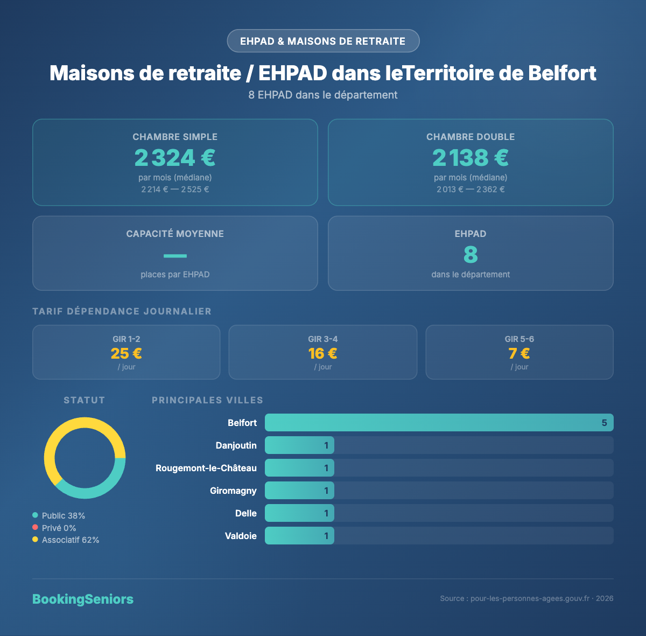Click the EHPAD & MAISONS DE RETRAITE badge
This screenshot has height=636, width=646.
click(x=323, y=41)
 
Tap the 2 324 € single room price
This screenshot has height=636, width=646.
click(x=175, y=158)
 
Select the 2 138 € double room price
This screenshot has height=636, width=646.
click(x=471, y=158)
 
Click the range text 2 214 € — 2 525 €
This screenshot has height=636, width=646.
click(x=175, y=190)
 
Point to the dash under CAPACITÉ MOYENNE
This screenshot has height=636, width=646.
click(x=175, y=256)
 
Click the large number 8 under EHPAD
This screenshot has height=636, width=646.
click(x=471, y=255)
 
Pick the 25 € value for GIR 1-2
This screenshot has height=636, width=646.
click(x=126, y=353)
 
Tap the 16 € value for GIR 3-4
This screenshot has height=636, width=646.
click(x=322, y=353)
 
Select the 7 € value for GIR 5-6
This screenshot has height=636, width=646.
click(x=519, y=353)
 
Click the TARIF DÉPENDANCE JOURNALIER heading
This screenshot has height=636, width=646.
click(x=122, y=311)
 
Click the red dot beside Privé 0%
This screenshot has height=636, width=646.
click(x=35, y=528)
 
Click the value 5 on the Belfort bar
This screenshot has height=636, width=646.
click(x=604, y=423)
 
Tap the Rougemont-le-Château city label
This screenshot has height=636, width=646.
click(x=206, y=468)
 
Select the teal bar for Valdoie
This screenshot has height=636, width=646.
click(x=299, y=536)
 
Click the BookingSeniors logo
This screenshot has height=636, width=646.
click(x=83, y=599)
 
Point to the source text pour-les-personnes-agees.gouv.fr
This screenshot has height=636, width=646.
click(x=530, y=599)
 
